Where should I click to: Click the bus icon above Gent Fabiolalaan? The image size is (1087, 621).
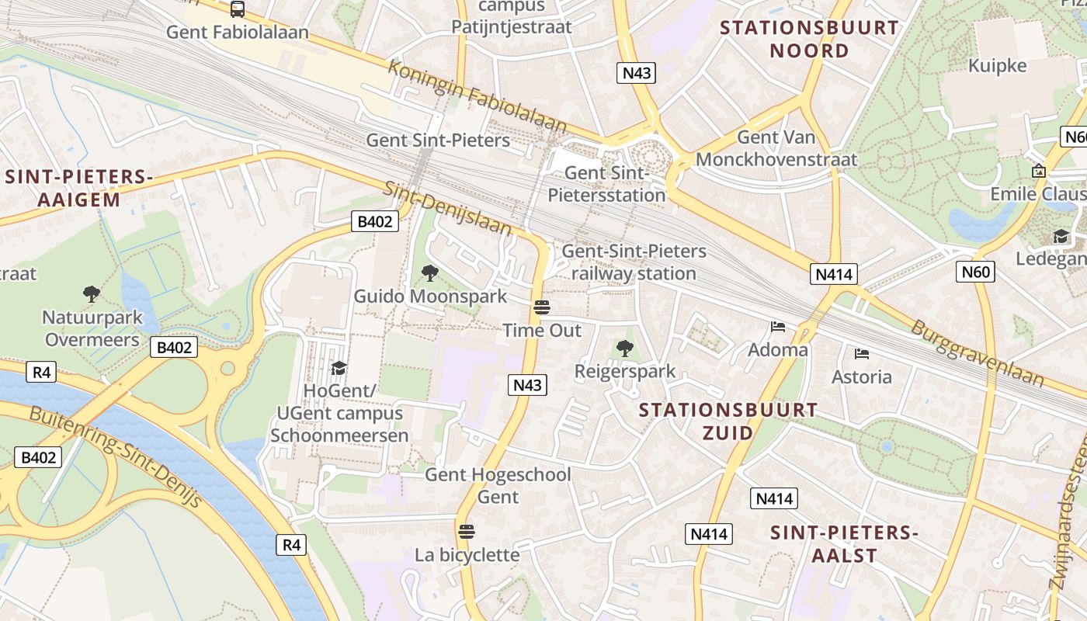pos(238,9)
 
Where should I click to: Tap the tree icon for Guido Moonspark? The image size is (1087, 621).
pos(429,272)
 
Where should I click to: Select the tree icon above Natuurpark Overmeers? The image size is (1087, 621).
pos(92,293)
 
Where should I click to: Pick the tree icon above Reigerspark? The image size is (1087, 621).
pos(625,349)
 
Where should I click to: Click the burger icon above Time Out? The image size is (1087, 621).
pos(542,307)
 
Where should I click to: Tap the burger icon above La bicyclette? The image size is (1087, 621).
pos(466,532)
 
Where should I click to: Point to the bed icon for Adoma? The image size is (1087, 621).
pos(778,327)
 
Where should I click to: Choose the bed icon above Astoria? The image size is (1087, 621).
pos(861,354)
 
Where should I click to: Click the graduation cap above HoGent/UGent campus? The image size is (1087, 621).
pos(339,367)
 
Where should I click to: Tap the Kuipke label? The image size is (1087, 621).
pos(997,66)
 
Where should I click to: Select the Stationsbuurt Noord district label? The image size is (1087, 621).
pos(809,40)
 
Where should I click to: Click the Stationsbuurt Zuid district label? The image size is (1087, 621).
pos(728,421)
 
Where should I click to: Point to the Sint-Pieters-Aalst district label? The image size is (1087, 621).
pos(845,544)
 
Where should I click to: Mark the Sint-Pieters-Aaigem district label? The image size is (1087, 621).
pos(79,189)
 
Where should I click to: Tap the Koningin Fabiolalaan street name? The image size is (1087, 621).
pos(478,95)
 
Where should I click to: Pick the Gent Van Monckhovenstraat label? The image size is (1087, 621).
pos(776,148)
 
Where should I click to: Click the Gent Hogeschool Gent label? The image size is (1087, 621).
pos(498,485)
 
